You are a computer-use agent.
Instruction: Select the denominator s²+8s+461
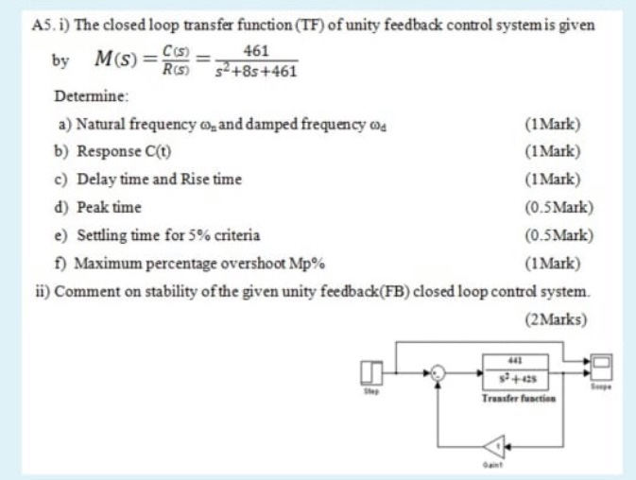click(255, 71)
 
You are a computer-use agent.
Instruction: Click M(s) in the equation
click(117, 61)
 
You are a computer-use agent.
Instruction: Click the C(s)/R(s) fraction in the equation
click(176, 61)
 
